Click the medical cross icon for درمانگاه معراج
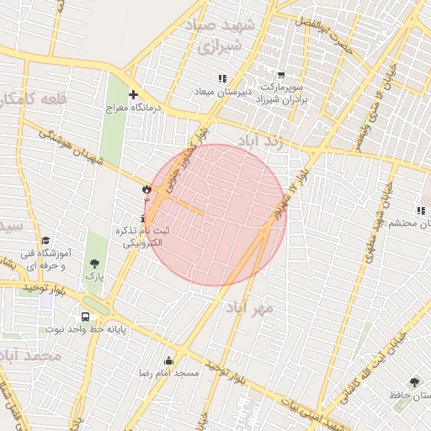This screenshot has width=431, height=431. pyautogui.click(x=132, y=93)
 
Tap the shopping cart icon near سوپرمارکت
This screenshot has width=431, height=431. pyautogui.click(x=280, y=74)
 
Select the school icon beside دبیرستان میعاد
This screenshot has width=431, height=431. pyautogui.click(x=222, y=78)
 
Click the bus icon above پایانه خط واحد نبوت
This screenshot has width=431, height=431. pyautogui.click(x=85, y=317)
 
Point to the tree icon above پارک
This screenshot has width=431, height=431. pyautogui.click(x=93, y=263)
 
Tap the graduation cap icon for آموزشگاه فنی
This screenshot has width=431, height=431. pyautogui.click(x=45, y=240)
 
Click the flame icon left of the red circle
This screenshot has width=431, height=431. pyautogui.click(x=146, y=190)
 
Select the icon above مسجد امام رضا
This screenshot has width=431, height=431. pyautogui.click(x=168, y=360)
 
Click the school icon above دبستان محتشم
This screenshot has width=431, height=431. pyautogui.click(x=420, y=210)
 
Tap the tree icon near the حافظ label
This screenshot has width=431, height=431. pyautogui.click(x=412, y=381)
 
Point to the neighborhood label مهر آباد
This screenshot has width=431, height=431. pyautogui.click(x=249, y=309)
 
